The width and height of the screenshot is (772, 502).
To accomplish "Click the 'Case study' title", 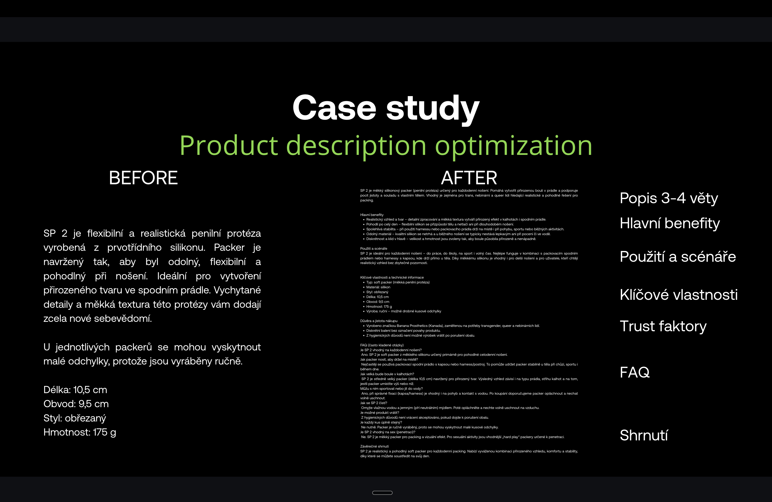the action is pos(386,108).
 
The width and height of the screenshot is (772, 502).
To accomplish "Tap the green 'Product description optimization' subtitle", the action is pos(386,146).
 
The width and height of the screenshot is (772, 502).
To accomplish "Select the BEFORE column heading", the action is pos(143,178).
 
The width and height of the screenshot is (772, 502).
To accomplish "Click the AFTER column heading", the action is pos(469,178).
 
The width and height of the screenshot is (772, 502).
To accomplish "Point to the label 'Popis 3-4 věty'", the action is pos(669,198).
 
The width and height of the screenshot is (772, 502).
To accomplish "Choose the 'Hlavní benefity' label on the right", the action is pos(669,223).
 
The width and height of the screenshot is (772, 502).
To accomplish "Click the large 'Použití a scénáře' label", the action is pos(678,257).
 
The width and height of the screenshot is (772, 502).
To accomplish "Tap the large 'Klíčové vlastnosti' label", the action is pos(679,294).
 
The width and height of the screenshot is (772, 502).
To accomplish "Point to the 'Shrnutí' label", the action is pos(644,435).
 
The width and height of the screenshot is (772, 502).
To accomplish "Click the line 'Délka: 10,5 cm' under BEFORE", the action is pos(75,390).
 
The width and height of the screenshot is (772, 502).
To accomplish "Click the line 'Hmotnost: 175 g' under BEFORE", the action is pos(80,432).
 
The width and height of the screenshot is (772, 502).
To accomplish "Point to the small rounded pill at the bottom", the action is pos(382,493).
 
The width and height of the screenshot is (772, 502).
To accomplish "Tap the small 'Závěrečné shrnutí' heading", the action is pos(374,447).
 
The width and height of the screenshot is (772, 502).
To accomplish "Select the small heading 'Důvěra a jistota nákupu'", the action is pos(379,321).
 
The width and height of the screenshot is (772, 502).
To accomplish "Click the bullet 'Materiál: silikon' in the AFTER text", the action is pos(378,287).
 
